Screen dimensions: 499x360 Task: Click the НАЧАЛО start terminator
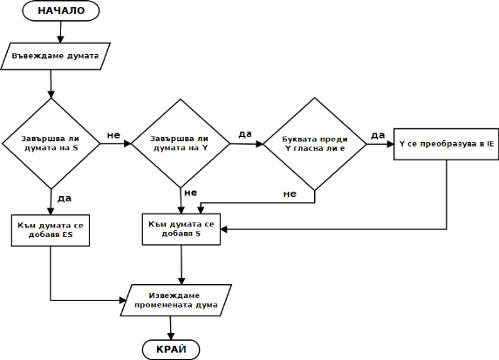tap(60, 10)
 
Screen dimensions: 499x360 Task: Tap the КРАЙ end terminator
tap(171, 350)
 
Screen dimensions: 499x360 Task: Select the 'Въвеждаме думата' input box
tap(55, 56)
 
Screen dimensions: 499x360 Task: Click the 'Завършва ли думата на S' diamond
tap(51, 144)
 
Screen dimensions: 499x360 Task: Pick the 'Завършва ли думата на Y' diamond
tap(181, 144)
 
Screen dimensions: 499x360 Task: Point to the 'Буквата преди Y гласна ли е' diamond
tap(315, 144)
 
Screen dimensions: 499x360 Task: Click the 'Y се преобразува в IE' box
tap(446, 144)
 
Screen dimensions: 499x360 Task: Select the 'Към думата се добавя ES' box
tap(51, 230)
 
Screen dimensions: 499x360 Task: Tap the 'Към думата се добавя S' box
tap(181, 229)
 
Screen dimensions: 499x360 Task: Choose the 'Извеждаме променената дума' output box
tap(176, 300)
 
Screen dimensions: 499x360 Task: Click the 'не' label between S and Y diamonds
tap(113, 135)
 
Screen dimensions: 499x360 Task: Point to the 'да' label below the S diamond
tap(65, 199)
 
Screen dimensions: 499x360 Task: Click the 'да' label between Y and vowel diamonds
tap(245, 134)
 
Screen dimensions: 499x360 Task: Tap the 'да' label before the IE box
tap(378, 135)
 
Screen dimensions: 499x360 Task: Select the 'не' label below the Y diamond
tap(191, 193)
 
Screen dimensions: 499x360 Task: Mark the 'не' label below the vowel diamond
tap(290, 194)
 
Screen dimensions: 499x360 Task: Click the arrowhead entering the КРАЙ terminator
tap(171, 336)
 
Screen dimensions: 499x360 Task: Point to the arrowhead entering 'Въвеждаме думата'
tap(60, 39)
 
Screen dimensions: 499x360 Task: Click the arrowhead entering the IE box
tap(390, 144)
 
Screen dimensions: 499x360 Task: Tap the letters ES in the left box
tap(67, 235)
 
